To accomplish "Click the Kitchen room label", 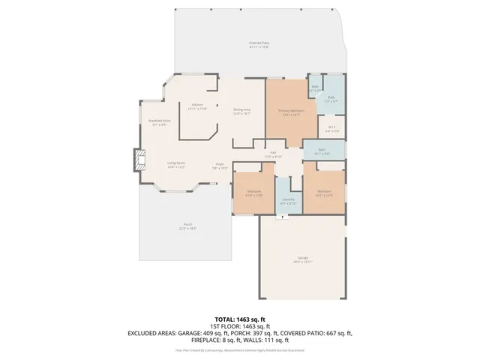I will (x=198, y=106).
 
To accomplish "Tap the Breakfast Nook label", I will (x=160, y=121).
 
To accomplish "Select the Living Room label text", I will (x=176, y=163).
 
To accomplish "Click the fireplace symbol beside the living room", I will (x=137, y=160).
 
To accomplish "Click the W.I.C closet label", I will (x=332, y=127).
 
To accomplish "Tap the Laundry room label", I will (x=288, y=200).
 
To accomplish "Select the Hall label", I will (x=272, y=154).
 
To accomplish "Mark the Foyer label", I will (x=220, y=165).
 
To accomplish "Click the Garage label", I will (x=301, y=259).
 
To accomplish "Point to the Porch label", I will (x=187, y=226).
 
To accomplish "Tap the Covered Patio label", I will (x=259, y=45).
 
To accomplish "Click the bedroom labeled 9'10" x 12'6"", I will (x=254, y=193).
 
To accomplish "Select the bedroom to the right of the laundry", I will (x=324, y=193).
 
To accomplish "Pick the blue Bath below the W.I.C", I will (x=321, y=151).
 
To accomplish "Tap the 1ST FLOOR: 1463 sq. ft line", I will (x=239, y=326).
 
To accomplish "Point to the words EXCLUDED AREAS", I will (x=153, y=332).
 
